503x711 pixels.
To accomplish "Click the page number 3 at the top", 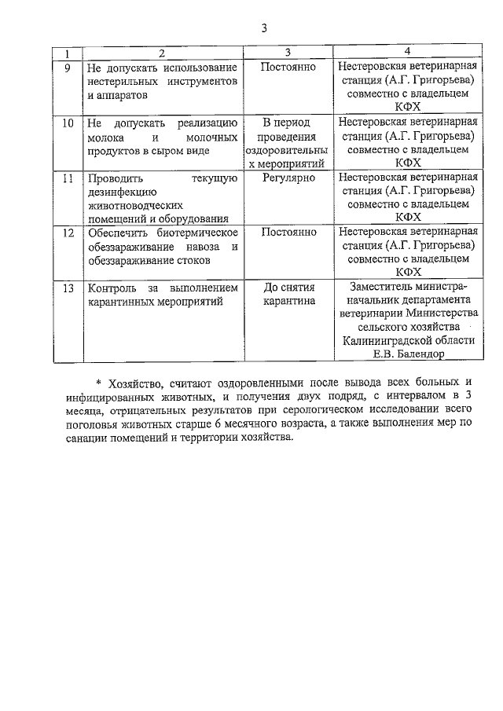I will [x=265, y=29].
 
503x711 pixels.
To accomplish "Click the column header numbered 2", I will [x=161, y=53].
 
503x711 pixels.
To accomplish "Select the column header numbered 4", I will [x=407, y=53].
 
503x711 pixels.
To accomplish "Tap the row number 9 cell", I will [x=68, y=68].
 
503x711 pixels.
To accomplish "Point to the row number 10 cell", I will [x=68, y=123].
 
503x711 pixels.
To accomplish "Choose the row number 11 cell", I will [x=68, y=178].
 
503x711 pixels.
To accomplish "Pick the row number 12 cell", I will [x=68, y=233].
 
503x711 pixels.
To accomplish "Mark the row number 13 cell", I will [x=68, y=288].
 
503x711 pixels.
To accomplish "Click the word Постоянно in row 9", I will [x=288, y=68].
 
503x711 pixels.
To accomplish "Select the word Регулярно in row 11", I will [x=288, y=178].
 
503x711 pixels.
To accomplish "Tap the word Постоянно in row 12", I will [x=288, y=233].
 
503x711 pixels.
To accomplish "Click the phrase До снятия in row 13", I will [x=288, y=288].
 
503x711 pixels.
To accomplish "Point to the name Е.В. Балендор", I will [x=407, y=354].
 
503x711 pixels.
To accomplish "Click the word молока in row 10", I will [x=107, y=137].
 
